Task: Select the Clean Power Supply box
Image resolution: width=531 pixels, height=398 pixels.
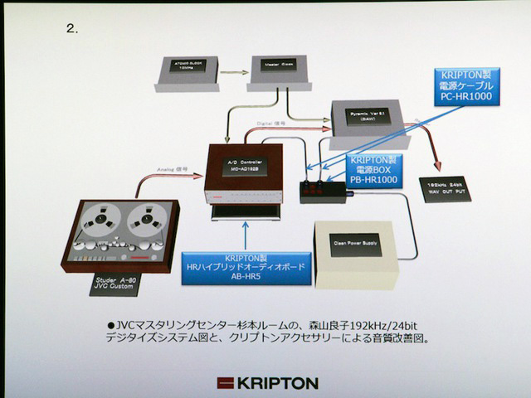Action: pyautogui.click(x=355, y=244)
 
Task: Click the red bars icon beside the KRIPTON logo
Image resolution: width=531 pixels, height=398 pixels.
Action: pyautogui.click(x=227, y=383)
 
